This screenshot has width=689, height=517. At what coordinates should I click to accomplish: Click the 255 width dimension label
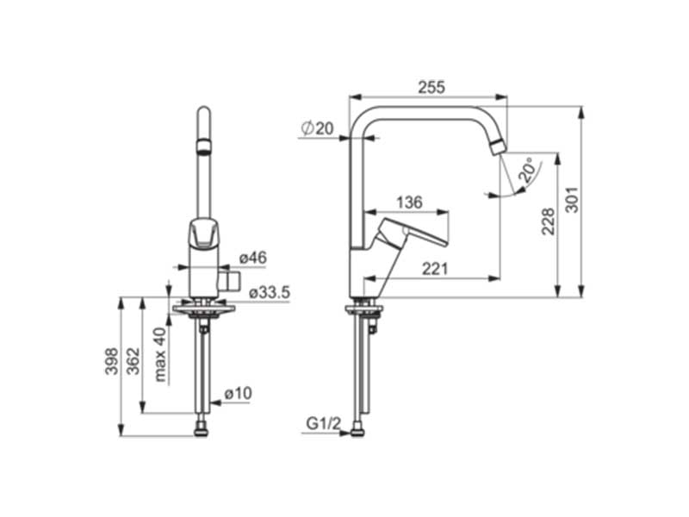click(x=431, y=87)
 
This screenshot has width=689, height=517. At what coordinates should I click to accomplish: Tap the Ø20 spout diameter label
click(x=317, y=128)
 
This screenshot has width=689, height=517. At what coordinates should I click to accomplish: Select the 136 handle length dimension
click(x=409, y=202)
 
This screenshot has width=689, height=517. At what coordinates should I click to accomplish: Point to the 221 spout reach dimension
click(x=435, y=269)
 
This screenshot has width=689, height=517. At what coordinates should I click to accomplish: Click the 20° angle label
click(x=527, y=170)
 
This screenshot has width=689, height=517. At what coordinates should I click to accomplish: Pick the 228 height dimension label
click(x=549, y=221)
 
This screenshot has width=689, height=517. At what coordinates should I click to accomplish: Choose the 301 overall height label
click(x=572, y=200)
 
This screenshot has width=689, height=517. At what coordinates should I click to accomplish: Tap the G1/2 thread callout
click(x=324, y=424)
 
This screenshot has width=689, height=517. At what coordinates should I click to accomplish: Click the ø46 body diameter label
click(x=253, y=258)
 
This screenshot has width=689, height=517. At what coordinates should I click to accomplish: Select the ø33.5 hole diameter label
click(x=270, y=293)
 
